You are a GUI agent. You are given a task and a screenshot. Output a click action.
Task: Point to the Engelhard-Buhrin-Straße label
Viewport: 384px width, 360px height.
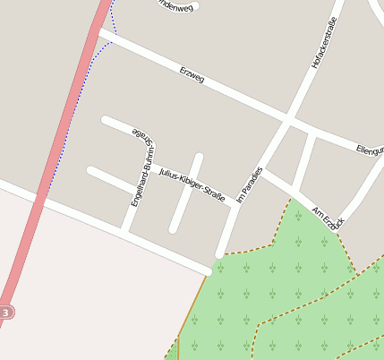click(142, 170)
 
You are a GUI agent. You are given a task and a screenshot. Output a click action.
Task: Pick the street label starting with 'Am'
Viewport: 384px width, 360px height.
click(328, 218)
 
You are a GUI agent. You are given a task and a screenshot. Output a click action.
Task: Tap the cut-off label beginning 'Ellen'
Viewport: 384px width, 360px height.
click(369, 149)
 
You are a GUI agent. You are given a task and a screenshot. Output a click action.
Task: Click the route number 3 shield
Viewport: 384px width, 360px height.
click(6, 313)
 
